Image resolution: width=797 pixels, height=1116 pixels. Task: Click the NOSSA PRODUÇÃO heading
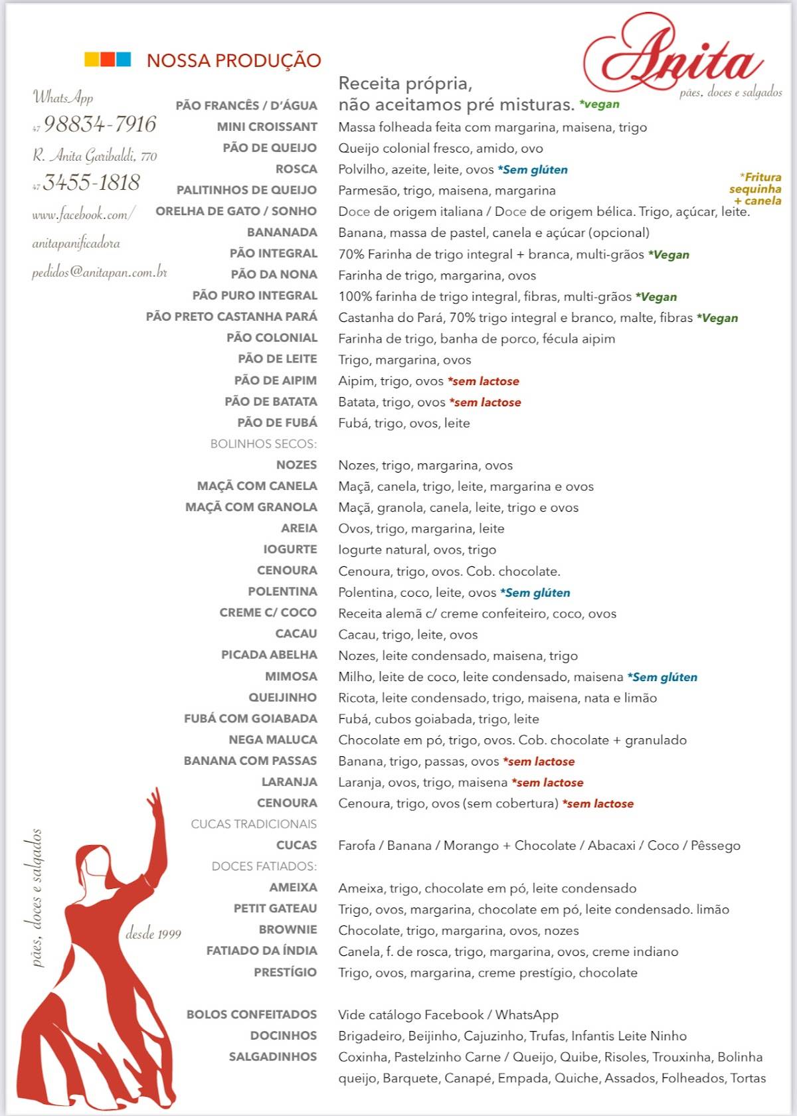click(234, 60)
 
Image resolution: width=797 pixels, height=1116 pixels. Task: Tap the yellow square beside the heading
click(91, 60)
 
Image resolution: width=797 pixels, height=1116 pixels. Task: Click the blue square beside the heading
click(124, 60)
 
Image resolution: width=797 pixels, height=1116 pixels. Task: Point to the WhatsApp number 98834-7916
click(100, 124)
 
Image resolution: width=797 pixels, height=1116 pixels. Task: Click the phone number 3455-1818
click(92, 183)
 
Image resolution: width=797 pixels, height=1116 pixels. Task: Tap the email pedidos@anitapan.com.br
click(100, 272)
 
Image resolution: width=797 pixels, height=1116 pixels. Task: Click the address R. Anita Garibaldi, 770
click(95, 156)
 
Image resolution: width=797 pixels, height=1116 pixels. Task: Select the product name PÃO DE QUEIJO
click(270, 148)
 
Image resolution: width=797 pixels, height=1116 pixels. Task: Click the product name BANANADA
click(282, 232)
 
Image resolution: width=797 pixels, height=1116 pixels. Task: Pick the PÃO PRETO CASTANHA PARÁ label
click(232, 317)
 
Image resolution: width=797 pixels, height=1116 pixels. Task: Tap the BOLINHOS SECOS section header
click(263, 443)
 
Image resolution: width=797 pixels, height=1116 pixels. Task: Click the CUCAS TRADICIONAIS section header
click(254, 824)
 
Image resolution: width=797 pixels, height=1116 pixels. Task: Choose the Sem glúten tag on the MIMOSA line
click(662, 677)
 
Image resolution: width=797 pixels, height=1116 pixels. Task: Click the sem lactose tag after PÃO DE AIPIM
click(484, 381)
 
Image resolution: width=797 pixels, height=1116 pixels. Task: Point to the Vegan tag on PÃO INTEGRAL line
click(669, 254)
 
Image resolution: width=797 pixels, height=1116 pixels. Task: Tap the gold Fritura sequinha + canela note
click(756, 189)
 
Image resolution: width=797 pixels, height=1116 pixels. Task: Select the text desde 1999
click(153, 933)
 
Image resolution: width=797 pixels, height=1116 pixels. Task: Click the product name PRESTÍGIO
click(285, 972)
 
